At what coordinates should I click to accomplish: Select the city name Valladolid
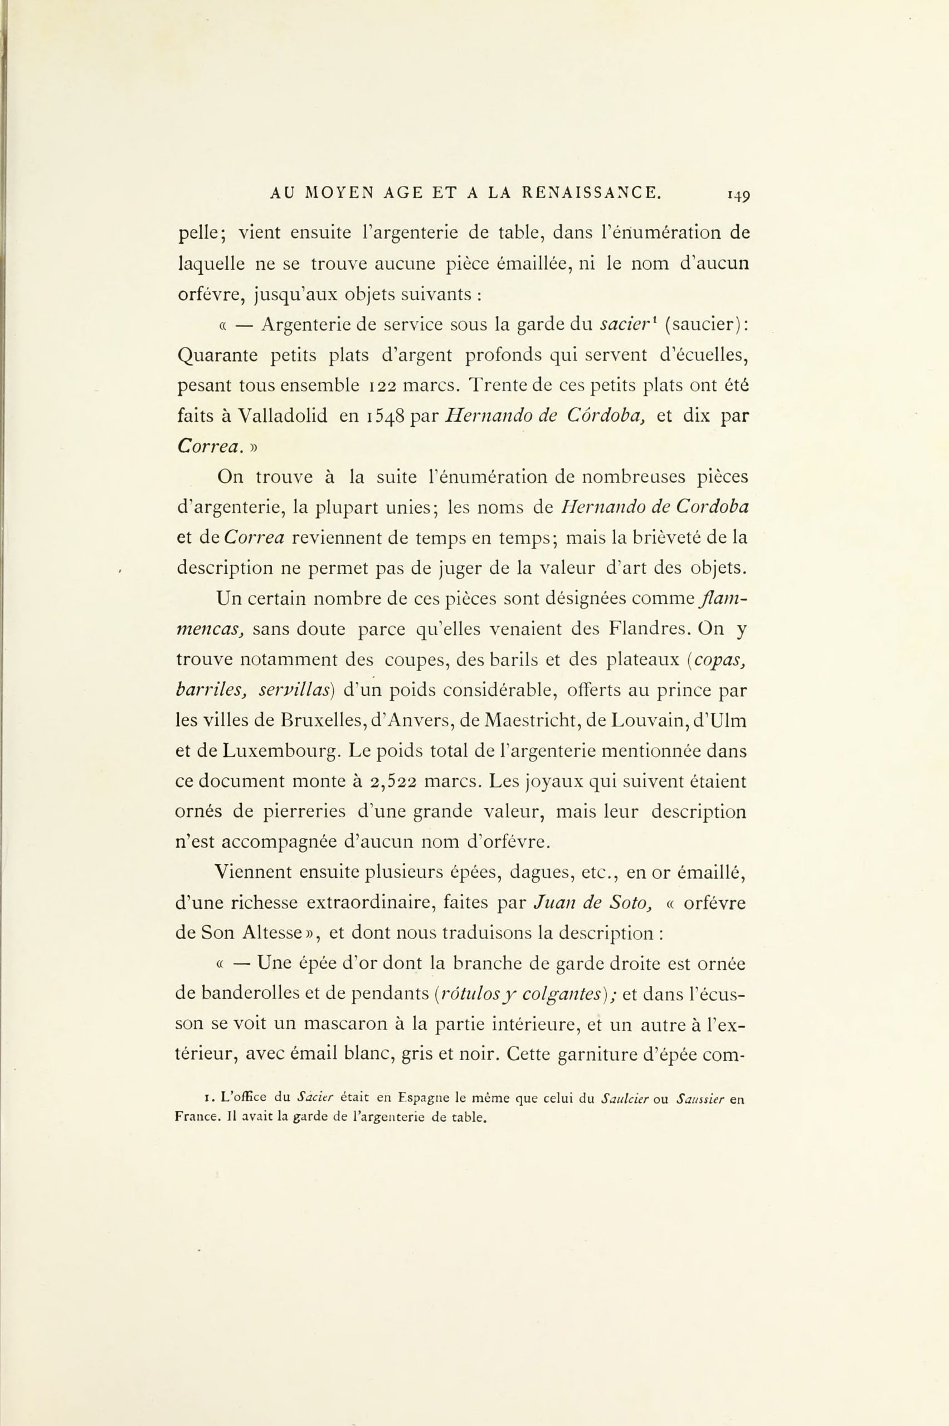point(283,416)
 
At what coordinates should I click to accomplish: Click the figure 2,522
point(393,782)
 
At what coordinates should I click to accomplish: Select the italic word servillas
point(293,690)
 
